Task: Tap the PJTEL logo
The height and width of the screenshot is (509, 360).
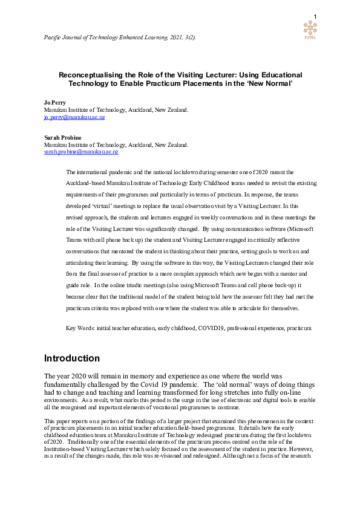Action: [310, 28]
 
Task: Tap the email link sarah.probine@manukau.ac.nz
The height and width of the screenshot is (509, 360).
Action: [81, 152]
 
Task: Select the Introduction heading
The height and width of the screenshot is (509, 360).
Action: [72, 358]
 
